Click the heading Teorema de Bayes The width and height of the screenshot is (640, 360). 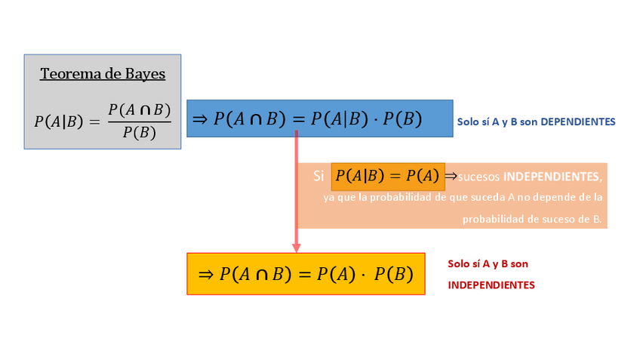coord(103,74)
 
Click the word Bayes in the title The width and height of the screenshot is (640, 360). coord(146,74)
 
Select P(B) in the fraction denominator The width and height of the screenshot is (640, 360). coord(139,133)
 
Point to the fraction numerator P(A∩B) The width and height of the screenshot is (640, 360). coord(139,110)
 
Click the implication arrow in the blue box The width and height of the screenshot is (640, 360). coord(200,119)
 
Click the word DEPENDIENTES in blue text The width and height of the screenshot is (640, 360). coord(579,122)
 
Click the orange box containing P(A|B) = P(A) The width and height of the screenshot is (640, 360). coord(387,176)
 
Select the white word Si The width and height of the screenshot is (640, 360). coord(319,176)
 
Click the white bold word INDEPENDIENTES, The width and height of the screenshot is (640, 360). coord(552,177)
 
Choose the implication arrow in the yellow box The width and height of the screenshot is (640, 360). coord(205,274)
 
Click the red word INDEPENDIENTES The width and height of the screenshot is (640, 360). coord(491,285)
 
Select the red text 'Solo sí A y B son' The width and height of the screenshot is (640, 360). coord(488,264)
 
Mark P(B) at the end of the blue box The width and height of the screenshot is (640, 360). coord(402,119)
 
